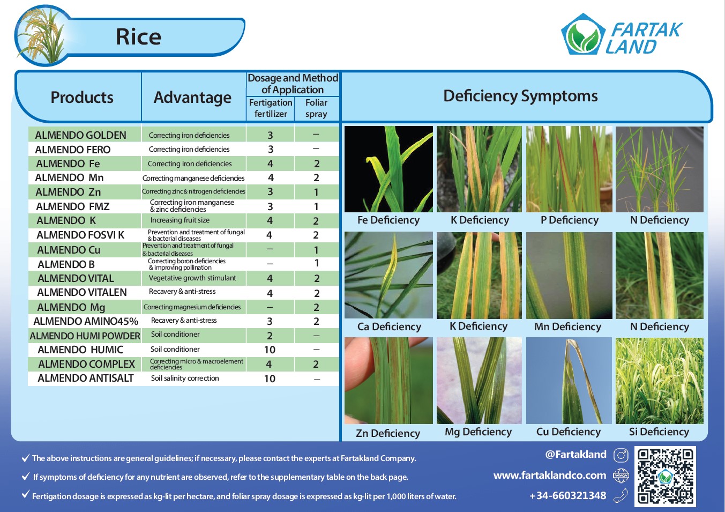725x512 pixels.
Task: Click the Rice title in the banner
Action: point(139,36)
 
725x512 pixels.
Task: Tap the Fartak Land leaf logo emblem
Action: point(583,34)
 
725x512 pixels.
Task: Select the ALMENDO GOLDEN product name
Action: point(80,135)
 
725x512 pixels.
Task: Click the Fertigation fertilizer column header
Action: point(271,108)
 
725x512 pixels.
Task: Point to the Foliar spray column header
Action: point(316,108)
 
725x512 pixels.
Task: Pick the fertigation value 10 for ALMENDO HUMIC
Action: point(270,350)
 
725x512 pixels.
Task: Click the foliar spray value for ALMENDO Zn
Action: point(316,192)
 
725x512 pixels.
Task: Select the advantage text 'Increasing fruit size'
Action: point(180,220)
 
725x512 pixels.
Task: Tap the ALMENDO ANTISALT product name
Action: point(85,378)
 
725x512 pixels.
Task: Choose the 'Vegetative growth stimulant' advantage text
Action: point(192,278)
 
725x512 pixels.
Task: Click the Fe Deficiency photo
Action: point(388,169)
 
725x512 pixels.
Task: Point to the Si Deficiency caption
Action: point(659,432)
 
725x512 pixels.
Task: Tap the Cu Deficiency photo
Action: point(569,381)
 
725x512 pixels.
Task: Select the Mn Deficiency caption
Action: point(567,327)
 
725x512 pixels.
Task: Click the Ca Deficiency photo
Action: point(388,275)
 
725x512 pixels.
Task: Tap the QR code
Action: point(665,477)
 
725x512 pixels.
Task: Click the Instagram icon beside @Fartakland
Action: point(621,455)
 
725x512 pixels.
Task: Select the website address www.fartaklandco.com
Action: point(550,476)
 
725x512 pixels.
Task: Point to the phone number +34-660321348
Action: point(567,495)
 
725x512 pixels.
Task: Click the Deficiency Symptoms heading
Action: point(520,96)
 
